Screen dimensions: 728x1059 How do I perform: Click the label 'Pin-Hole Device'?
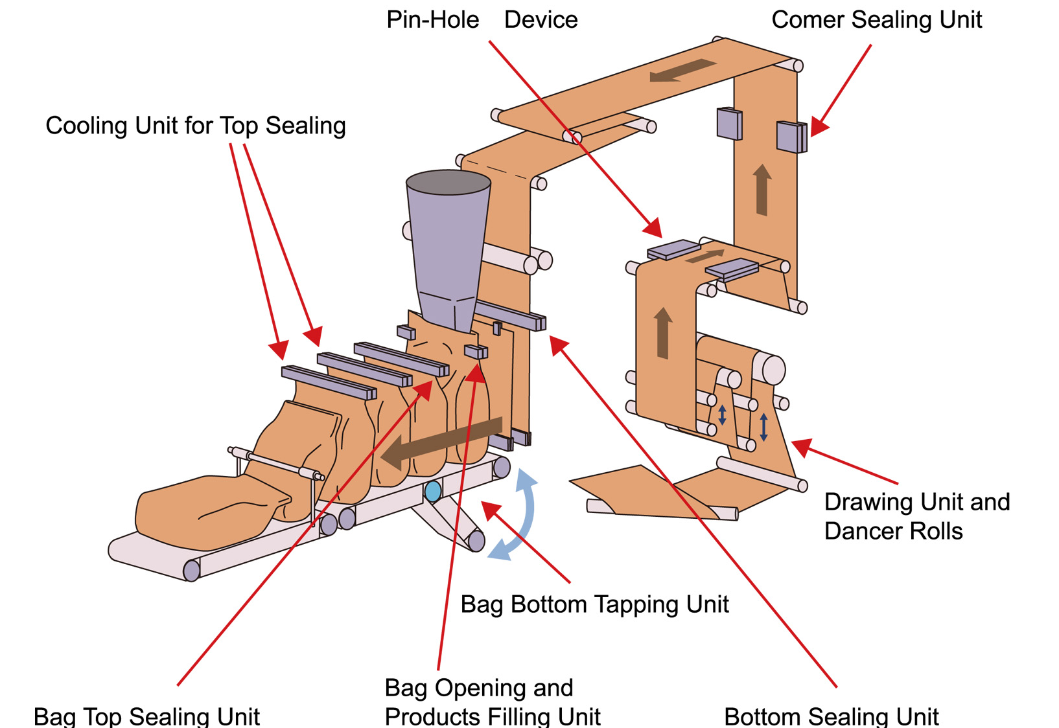[x=482, y=20]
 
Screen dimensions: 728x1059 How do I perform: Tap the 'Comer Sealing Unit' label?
[x=876, y=20]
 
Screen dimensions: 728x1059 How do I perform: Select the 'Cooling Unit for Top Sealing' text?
[x=195, y=126]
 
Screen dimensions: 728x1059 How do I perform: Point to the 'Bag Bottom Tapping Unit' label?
[x=594, y=604]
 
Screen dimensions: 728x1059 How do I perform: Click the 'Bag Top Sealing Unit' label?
[x=146, y=716]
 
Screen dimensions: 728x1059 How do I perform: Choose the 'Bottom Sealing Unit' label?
[x=831, y=716]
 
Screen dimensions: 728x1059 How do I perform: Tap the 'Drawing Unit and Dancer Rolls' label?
[x=916, y=516]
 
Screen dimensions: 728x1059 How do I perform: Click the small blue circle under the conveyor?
[x=433, y=491]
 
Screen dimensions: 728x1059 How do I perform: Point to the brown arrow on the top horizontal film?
[x=682, y=69]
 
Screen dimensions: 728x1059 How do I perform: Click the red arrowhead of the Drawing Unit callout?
[x=801, y=446]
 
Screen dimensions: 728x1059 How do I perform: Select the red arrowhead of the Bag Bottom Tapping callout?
[x=491, y=510]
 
